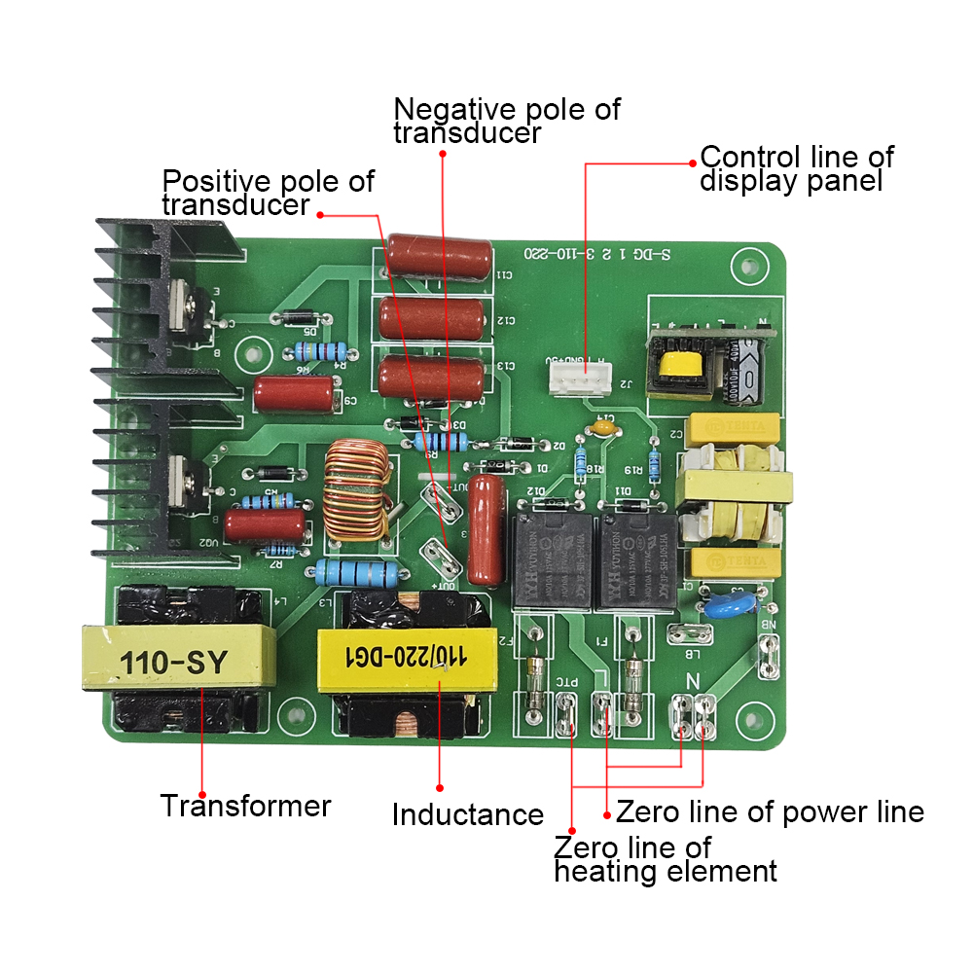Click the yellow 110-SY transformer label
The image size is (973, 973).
(x=173, y=662)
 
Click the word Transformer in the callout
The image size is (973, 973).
(x=245, y=807)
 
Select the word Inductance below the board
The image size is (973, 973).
(x=467, y=814)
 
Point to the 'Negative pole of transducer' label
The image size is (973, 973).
(x=506, y=121)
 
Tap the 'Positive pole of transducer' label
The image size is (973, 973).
(x=267, y=192)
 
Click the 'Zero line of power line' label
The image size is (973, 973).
(x=770, y=811)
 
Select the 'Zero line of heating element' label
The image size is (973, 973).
(x=666, y=859)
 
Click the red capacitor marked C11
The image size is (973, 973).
(x=434, y=257)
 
